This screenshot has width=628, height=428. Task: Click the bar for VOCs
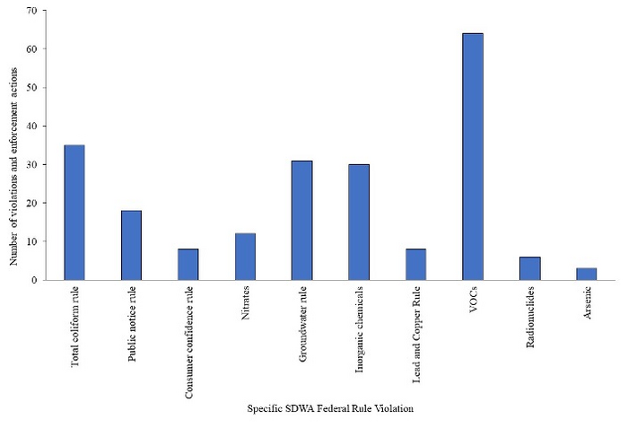(473, 157)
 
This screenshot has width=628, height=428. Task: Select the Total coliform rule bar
(74, 213)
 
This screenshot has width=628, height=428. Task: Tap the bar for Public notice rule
(131, 245)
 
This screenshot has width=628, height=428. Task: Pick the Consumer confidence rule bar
(188, 265)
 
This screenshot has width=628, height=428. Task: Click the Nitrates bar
(245, 257)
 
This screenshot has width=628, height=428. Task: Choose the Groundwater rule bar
(301, 221)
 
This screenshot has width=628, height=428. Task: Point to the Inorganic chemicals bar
(359, 223)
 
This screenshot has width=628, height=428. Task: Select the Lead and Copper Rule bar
(415, 265)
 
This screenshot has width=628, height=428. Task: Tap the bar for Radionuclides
(529, 268)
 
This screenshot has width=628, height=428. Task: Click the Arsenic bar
(586, 274)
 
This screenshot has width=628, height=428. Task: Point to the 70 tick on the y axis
(32, 11)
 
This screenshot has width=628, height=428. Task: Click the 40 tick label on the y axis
(32, 127)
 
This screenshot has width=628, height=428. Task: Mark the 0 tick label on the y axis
(35, 280)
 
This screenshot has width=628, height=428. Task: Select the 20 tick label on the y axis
(32, 204)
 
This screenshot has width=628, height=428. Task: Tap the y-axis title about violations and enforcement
(14, 144)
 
